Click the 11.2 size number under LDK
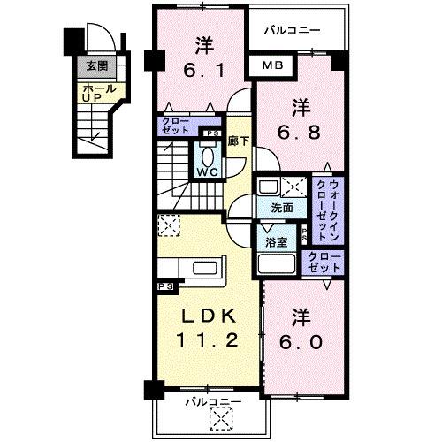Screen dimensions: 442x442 (x=208, y=340)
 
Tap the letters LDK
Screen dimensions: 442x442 (x=208, y=316)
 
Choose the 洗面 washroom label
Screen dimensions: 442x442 (x=283, y=208)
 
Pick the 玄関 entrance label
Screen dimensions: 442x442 (x=95, y=65)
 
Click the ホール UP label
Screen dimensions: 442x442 (x=93, y=92)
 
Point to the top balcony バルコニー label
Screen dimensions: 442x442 (x=291, y=30)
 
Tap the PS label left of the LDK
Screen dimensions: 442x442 (x=164, y=286)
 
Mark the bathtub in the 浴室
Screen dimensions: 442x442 (x=276, y=264)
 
